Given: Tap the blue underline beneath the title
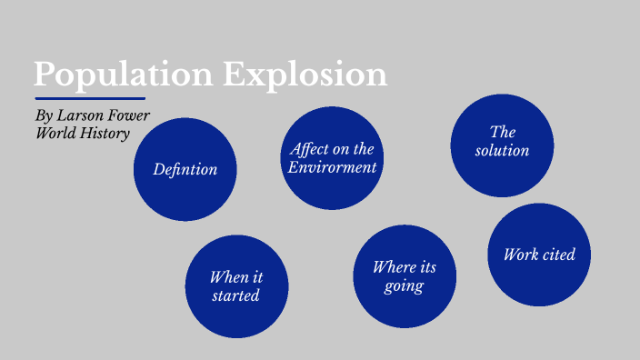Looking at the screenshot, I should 90,98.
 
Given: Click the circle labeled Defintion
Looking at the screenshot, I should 185,169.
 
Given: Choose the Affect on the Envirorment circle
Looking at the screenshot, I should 332,157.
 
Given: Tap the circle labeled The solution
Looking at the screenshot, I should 502,145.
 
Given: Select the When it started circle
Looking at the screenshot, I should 236,286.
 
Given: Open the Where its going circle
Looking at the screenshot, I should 404,276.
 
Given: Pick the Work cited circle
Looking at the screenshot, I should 539,255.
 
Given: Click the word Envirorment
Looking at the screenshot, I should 332,167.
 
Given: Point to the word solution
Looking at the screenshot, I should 502,151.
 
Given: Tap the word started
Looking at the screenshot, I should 236,296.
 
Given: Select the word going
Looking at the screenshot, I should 404,286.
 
